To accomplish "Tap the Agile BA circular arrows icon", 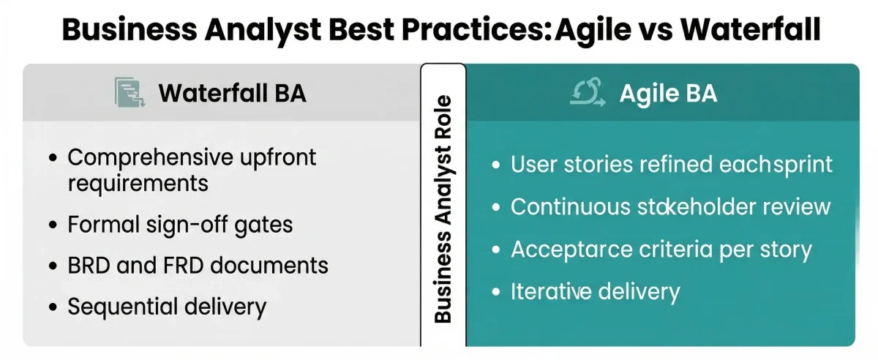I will (x=588, y=93).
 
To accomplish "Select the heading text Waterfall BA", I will (x=232, y=93).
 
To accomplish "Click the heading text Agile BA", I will (x=668, y=93).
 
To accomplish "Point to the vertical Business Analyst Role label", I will (x=443, y=209).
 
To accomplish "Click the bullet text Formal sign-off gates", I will (x=180, y=225).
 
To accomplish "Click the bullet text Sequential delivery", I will (x=167, y=306).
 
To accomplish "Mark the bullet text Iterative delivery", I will (x=595, y=292).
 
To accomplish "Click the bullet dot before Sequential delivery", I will (x=53, y=307).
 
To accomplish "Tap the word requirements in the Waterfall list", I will (x=138, y=183).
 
